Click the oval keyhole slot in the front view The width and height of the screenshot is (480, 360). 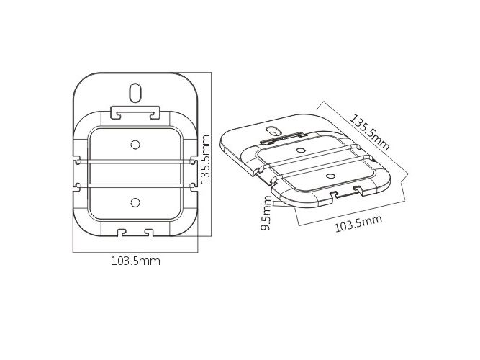135,93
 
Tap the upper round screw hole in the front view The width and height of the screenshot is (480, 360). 135,145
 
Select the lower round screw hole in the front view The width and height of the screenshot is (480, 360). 135,202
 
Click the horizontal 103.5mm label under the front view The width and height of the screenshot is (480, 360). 135,261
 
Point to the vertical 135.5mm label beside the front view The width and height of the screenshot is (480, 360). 205,159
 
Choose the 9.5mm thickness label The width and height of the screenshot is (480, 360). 266,213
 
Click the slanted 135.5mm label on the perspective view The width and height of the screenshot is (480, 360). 370,132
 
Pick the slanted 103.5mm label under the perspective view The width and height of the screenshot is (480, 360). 358,224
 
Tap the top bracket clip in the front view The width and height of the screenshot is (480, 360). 135,112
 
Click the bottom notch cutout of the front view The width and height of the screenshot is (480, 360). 135,233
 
